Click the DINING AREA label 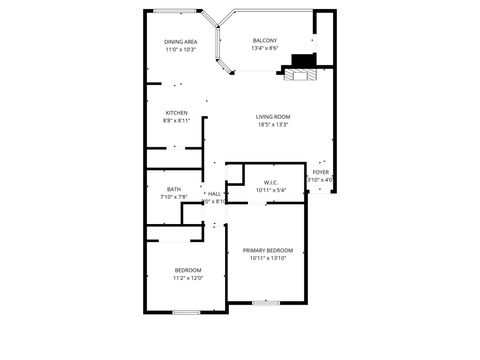[x=180, y=42]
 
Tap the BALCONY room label [x=265, y=40]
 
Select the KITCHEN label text [x=177, y=113]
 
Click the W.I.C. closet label [x=271, y=182]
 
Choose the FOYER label [x=320, y=172]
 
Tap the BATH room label [x=174, y=189]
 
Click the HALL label [x=214, y=193]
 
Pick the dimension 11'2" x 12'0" [x=189, y=278]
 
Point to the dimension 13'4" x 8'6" [x=265, y=48]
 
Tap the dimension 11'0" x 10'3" [x=180, y=49]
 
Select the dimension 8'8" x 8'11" [x=177, y=121]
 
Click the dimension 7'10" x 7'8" [x=174, y=197]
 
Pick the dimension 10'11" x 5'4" [x=271, y=190]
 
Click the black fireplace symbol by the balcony [x=300, y=72]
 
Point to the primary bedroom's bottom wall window [x=264, y=302]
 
